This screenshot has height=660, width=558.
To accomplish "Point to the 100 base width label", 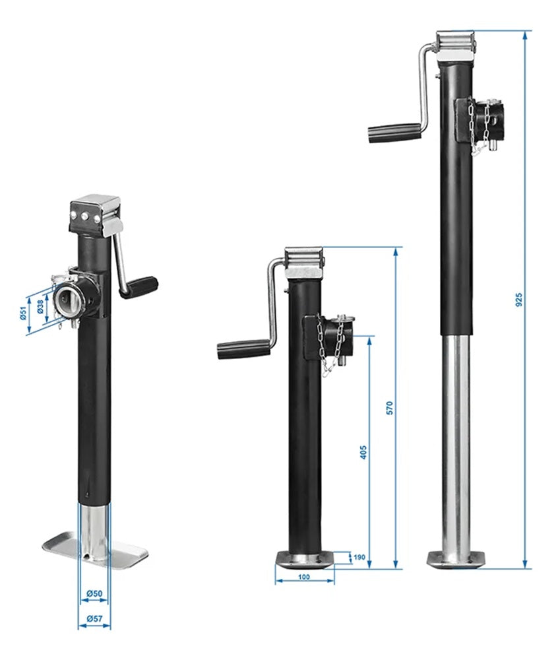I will (x=303, y=577).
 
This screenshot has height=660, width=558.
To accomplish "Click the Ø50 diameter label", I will (x=94, y=594).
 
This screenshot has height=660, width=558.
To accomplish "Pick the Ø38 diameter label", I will (x=40, y=307).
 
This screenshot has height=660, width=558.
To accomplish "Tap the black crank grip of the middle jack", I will (x=243, y=348).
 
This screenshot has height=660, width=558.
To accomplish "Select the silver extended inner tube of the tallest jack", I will (x=456, y=442).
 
